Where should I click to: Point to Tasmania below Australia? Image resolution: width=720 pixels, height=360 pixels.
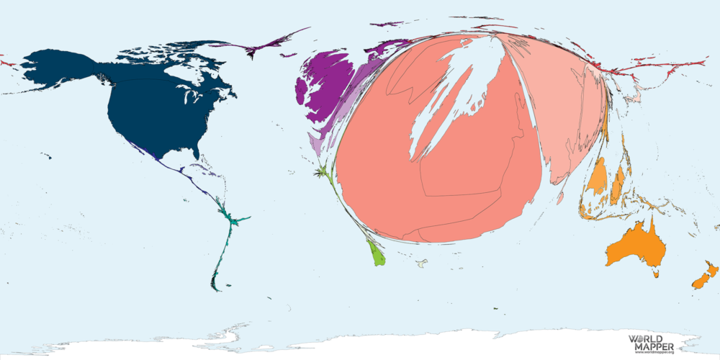tap(656, 273)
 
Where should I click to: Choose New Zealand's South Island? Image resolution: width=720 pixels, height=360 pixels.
tap(698, 282)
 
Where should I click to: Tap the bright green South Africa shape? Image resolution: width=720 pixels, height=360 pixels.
tap(377, 254)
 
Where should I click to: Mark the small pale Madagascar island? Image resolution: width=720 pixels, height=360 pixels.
tap(422, 264)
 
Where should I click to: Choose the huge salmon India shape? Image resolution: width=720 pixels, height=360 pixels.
tap(461, 166)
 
